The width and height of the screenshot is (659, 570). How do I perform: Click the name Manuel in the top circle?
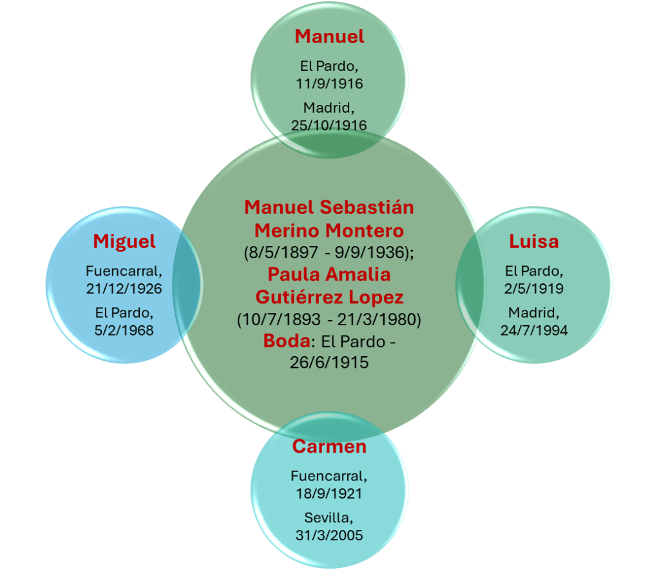tap(329, 37)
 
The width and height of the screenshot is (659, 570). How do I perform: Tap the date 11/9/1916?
tap(329, 84)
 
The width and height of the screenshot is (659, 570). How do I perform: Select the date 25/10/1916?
tap(329, 125)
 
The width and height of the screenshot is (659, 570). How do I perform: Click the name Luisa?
tap(533, 242)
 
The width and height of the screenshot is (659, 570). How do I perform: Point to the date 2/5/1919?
tap(534, 289)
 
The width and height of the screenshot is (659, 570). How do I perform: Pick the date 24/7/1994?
tap(533, 330)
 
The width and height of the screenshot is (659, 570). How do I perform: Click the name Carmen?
tap(329, 446)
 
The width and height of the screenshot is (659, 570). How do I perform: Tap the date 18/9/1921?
tap(329, 494)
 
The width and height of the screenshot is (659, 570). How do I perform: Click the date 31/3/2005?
tap(329, 535)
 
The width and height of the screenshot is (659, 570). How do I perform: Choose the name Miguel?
tap(124, 242)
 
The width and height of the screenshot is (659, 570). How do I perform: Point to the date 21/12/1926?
tap(124, 289)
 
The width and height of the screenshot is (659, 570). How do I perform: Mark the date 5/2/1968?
tap(124, 330)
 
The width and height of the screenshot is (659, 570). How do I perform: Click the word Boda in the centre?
tap(286, 341)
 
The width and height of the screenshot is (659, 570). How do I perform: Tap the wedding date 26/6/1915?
tap(329, 363)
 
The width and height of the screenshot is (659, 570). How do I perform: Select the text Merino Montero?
tap(329, 230)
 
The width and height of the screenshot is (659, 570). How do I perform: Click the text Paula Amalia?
tap(329, 274)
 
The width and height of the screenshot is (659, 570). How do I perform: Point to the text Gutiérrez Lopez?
tap(329, 297)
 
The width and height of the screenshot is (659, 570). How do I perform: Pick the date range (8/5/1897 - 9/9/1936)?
tap(329, 252)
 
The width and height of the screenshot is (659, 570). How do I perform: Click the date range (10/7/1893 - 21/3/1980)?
tap(329, 319)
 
